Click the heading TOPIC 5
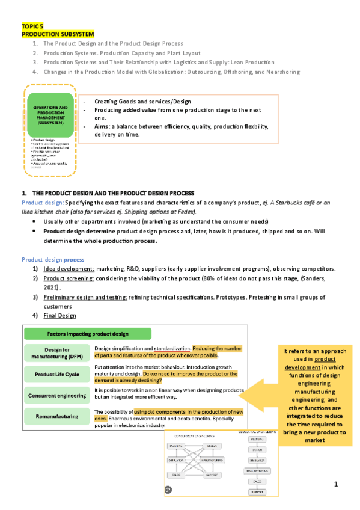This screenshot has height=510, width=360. coord(32,27)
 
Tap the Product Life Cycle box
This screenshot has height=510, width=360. coord(56,374)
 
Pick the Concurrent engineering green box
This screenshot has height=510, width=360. coord(56,395)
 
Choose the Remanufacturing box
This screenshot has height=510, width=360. coord(56,416)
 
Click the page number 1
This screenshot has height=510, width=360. coord(337,484)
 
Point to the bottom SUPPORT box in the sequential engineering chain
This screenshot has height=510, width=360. coord(257,493)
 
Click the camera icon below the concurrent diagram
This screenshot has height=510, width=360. coord(168,490)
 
